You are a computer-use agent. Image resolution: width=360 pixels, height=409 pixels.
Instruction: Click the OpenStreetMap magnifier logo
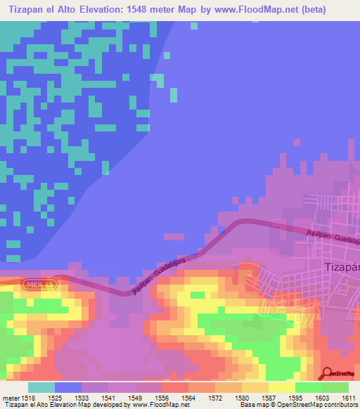[x=328, y=372]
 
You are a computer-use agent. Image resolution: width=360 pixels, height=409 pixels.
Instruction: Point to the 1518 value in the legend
[x=29, y=397]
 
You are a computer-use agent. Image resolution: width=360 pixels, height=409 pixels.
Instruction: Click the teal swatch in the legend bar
[x=41, y=387]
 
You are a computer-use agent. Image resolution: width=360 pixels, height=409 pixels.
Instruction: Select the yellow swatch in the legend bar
[x=282, y=387]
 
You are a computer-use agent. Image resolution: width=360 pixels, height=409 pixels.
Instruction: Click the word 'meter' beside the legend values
[x=10, y=397]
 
